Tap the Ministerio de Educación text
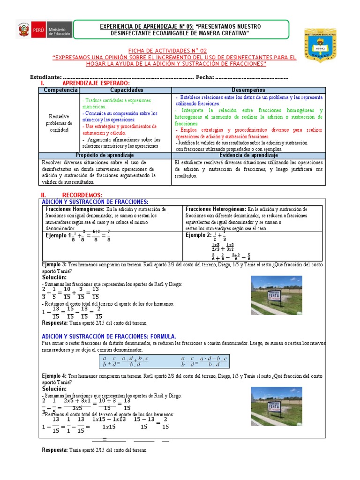[60, 31]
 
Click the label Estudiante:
[45, 77]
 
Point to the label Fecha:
[205, 77]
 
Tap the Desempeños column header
[248, 90]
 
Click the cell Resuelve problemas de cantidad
[60, 123]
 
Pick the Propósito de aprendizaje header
[105, 155]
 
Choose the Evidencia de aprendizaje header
[248, 155]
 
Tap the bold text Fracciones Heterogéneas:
[216, 209]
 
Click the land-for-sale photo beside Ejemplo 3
[277, 295]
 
